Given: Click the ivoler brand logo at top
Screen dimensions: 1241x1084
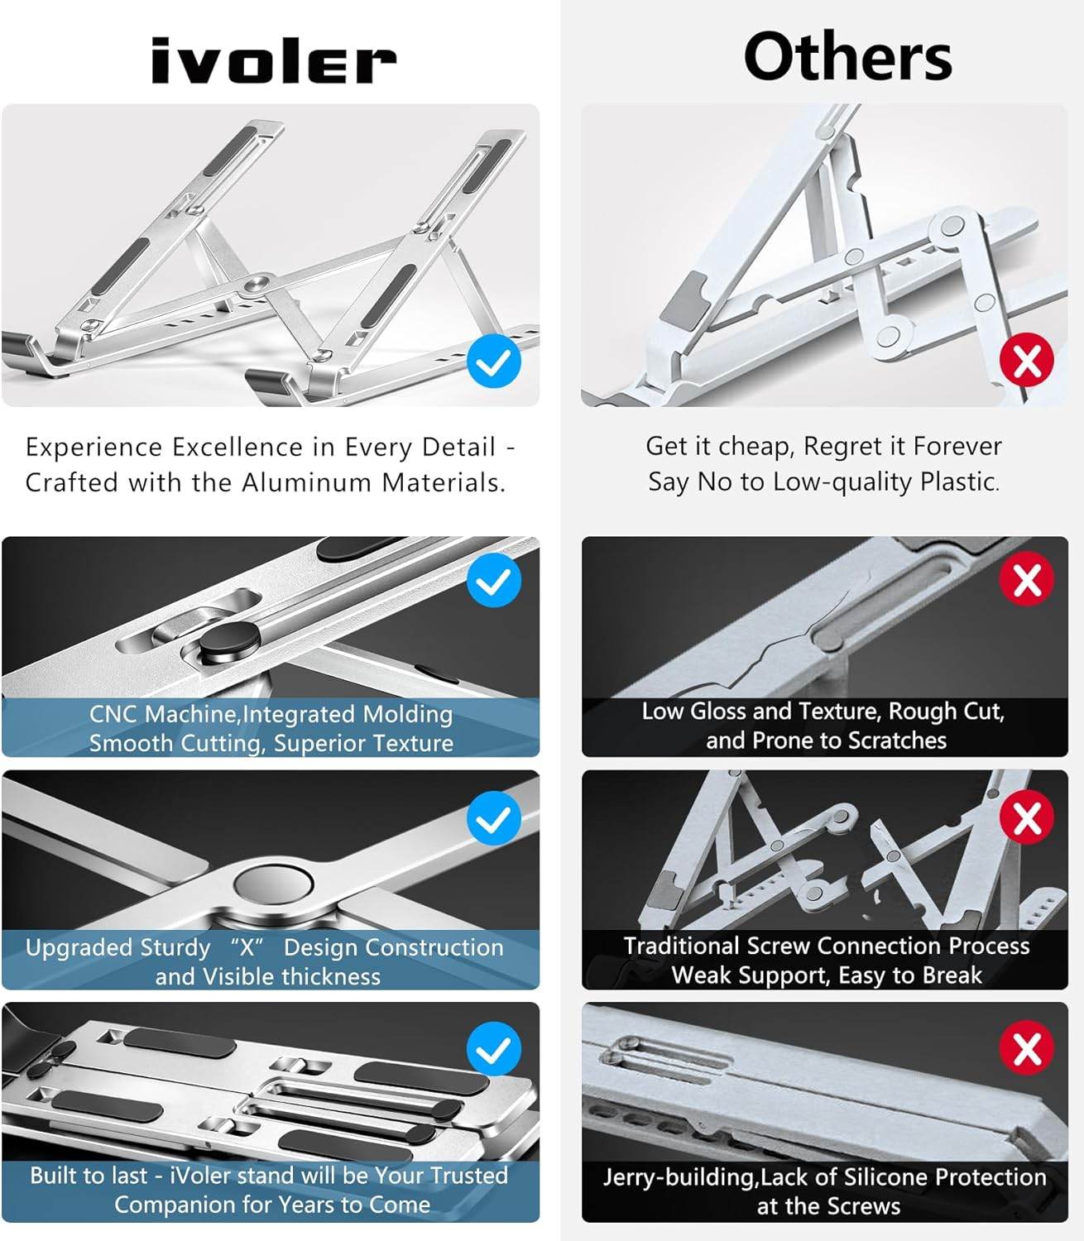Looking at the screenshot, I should pos(273,62).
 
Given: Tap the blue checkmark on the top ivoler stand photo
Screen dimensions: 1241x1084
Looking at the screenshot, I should pos(494,362).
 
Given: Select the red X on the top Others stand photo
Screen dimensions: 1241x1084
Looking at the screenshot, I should pos(1027,361).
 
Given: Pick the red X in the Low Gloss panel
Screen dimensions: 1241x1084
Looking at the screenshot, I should pos(1027,580).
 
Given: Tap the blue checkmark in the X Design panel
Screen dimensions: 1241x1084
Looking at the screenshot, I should pos(494,818).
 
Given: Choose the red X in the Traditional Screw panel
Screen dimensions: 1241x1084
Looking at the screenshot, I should pos(1027,817).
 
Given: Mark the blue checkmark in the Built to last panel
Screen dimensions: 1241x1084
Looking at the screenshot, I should pos(494,1049).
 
